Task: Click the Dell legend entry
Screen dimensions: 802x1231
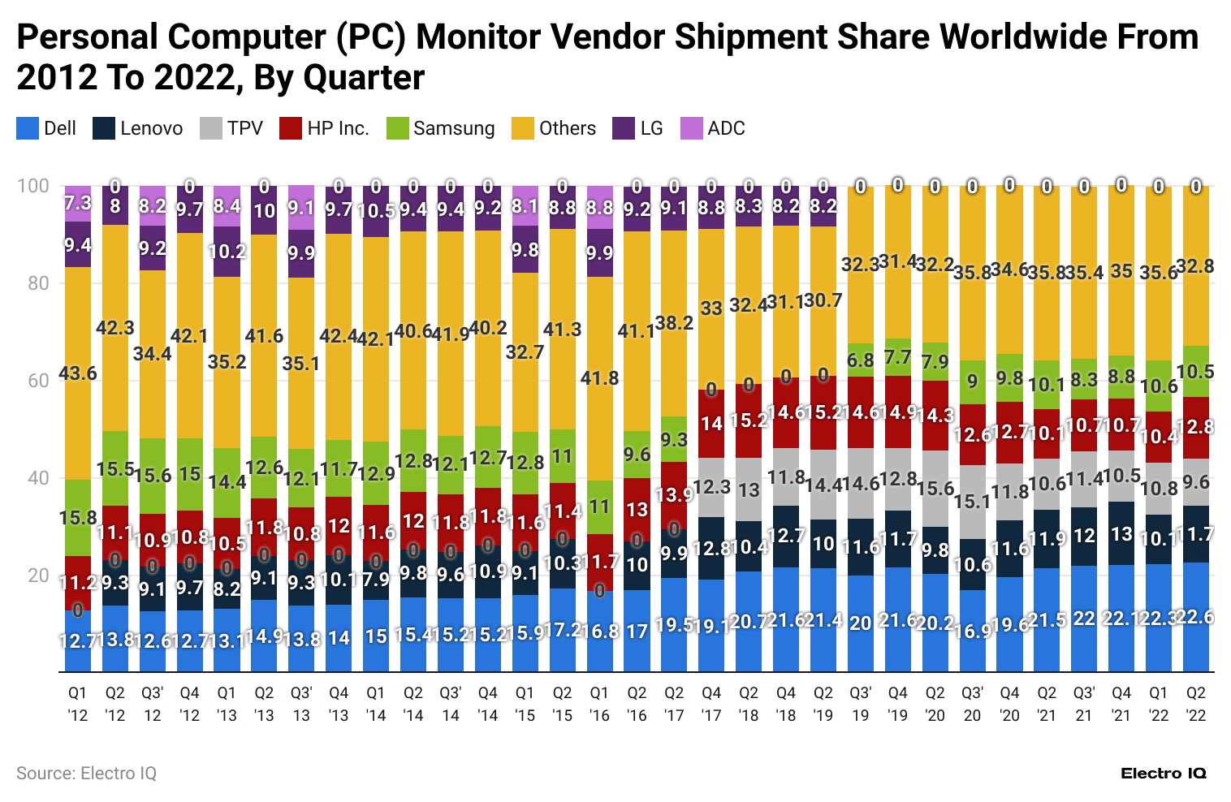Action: (x=46, y=128)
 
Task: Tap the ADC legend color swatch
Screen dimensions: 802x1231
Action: (x=692, y=128)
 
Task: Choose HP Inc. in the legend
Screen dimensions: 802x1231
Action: (x=325, y=128)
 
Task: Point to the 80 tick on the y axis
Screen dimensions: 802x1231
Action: (x=33, y=283)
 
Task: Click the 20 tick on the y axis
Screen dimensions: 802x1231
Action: (x=33, y=576)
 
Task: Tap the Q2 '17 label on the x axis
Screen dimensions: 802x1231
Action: (x=674, y=704)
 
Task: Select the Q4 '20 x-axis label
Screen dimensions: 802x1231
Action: (x=1009, y=704)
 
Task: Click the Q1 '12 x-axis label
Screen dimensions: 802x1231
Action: (x=78, y=704)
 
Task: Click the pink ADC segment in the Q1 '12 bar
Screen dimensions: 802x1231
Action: (x=78, y=204)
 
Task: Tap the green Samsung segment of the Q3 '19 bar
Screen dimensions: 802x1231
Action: (x=860, y=360)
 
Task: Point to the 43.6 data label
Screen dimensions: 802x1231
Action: (x=78, y=373)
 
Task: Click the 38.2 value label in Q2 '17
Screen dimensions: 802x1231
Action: (x=674, y=323)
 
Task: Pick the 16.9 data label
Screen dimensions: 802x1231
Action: (x=972, y=631)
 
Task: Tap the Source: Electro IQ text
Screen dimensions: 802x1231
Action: (x=86, y=773)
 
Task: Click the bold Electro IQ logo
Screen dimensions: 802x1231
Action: (x=1163, y=773)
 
